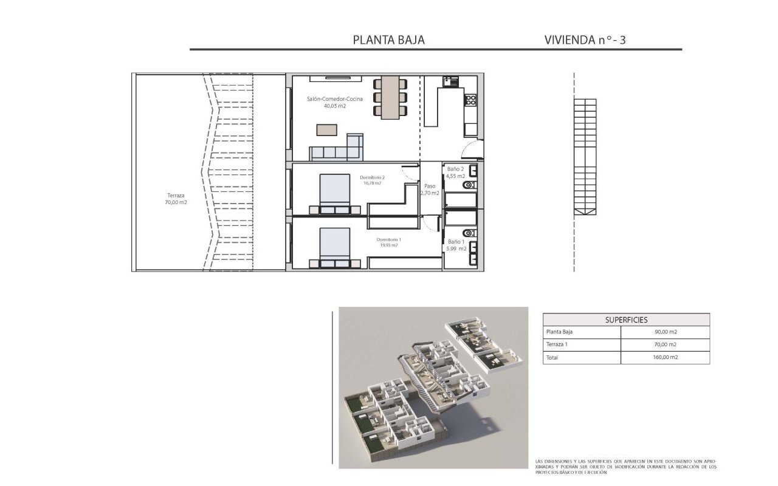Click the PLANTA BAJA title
[x=389, y=40]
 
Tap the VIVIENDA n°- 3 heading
[x=585, y=40]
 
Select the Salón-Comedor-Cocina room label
[x=335, y=98]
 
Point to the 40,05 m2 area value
[x=335, y=106]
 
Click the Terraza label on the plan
[x=176, y=196]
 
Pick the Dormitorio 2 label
[x=372, y=177]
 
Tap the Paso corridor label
[x=430, y=187]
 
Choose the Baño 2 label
[x=455, y=169]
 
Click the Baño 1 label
[x=456, y=241]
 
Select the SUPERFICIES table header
[x=626, y=320]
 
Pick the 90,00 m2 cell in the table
[x=666, y=332]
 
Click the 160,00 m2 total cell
[x=666, y=358]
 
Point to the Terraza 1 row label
[x=559, y=345]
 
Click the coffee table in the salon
[x=326, y=129]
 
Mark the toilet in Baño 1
[x=467, y=233]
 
